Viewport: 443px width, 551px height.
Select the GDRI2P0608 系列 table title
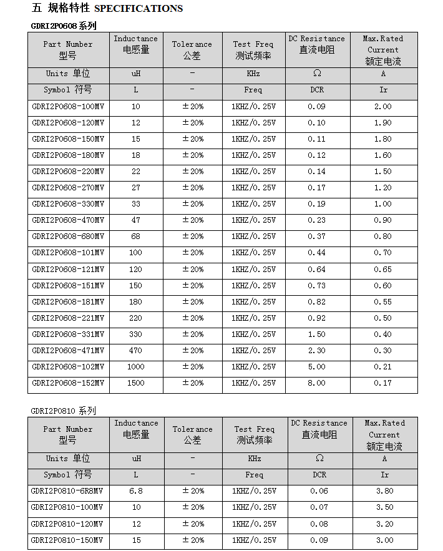64,26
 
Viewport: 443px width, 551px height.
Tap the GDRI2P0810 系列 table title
64,411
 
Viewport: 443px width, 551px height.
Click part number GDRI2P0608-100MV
68,107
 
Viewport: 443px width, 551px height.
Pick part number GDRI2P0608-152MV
68,383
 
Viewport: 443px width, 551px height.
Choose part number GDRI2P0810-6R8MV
68,491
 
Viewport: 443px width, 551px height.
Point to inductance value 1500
135,383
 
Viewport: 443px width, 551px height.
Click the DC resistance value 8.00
316,383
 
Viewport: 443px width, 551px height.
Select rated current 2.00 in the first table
383,107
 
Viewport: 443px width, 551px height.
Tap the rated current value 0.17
383,383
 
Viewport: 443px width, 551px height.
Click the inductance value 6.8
135,491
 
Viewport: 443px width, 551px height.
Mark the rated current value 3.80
384,491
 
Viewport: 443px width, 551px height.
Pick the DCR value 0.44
316,253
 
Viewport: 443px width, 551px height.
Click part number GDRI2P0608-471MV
68,351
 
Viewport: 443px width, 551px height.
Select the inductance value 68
135,236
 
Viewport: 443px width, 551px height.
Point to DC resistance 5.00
316,367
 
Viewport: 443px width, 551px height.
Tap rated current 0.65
383,269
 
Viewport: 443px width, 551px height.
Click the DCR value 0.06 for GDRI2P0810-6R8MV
319,491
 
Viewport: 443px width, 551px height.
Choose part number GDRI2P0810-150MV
68,540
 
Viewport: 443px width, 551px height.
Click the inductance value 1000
135,367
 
